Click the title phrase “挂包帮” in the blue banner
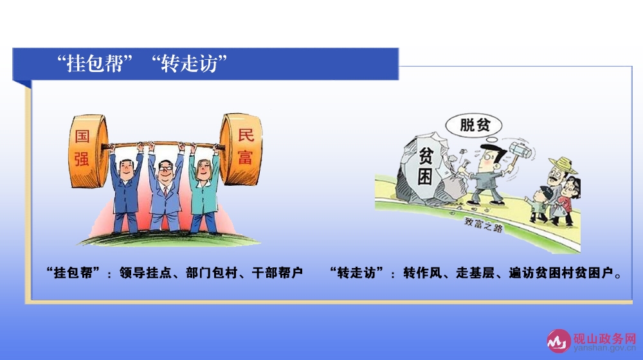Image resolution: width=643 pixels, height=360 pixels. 95,64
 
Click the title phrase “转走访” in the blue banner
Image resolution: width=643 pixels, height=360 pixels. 189,64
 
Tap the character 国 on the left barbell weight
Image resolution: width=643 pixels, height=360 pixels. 82,136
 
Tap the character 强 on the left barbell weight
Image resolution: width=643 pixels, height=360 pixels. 82,159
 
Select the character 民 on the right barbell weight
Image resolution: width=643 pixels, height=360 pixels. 246,135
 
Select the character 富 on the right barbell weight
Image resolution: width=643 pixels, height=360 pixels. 245,157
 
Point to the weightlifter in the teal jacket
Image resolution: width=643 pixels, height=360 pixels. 203,188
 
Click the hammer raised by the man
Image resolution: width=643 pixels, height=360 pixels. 520,151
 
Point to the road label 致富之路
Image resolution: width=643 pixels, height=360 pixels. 484,224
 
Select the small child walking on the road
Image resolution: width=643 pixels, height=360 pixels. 541,205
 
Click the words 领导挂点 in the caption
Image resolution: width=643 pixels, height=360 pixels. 145,273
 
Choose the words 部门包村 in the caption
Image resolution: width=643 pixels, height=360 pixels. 211,273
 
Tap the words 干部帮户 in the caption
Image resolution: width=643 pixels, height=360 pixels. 277,273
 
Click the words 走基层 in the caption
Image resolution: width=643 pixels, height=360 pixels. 475,273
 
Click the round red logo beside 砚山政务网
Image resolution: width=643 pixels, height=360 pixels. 559,341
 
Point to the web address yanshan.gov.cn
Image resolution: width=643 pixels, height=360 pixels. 605,348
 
